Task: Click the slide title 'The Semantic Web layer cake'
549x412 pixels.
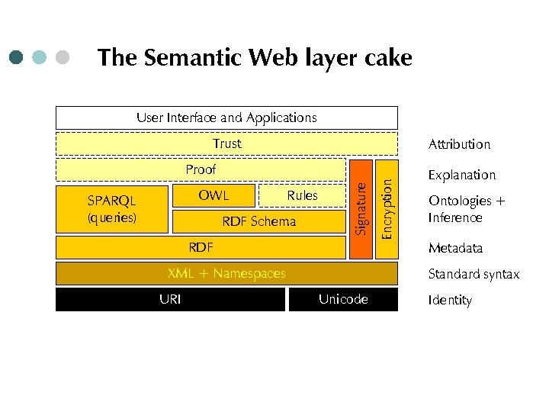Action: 255,58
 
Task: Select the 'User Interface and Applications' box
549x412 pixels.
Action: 226,117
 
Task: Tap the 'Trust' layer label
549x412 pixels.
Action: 226,143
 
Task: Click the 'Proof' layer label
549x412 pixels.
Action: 201,169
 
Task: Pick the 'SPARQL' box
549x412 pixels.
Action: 112,208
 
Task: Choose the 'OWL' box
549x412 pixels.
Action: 213,195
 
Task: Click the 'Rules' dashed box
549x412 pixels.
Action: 302,196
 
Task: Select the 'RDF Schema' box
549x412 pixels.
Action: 258,222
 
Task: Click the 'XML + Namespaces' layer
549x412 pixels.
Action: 226,273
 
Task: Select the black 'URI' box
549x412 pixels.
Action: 170,299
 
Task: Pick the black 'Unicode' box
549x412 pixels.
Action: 343,299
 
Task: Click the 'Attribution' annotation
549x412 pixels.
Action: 459,144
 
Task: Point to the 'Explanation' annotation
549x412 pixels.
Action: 461,175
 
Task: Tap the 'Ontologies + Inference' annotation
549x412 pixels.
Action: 466,209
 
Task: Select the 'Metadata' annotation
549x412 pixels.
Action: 455,248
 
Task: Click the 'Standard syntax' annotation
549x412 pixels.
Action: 474,274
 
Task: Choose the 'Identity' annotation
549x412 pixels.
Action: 450,300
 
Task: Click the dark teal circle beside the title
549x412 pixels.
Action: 18,57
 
